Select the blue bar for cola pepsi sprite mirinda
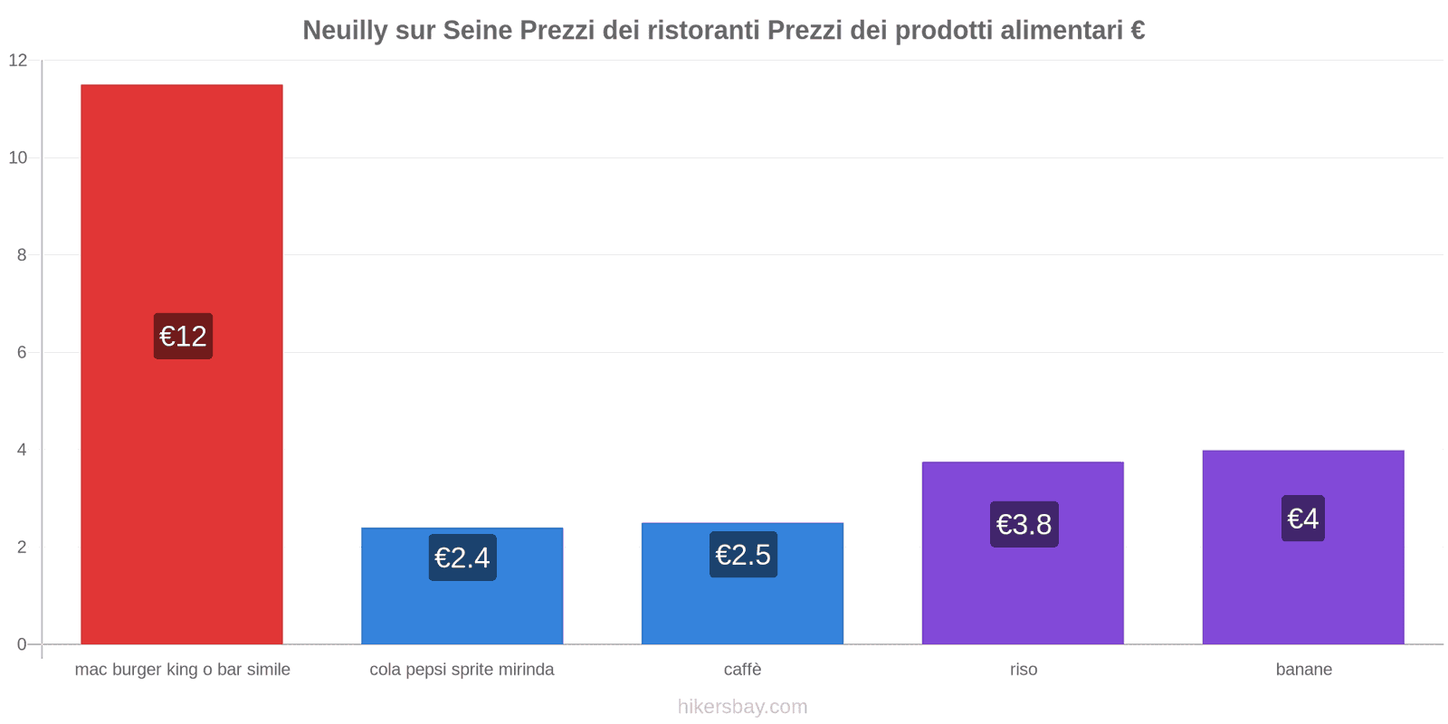click(x=462, y=606)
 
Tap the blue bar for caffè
click(x=742, y=606)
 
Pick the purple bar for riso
click(x=1023, y=588)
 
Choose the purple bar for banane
click(x=1303, y=588)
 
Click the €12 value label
click(x=183, y=337)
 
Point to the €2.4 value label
click(x=462, y=557)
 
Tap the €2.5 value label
click(x=743, y=555)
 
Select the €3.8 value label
click(x=1024, y=524)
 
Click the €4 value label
click(x=1303, y=519)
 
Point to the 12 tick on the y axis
click(x=18, y=61)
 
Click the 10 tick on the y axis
click(x=18, y=157)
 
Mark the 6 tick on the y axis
click(x=22, y=352)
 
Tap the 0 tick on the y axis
click(x=22, y=644)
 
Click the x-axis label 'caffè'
click(x=742, y=670)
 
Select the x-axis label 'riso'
click(x=1024, y=670)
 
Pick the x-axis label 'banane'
click(x=1303, y=670)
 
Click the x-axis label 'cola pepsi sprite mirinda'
click(x=462, y=670)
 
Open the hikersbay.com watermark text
click(x=742, y=707)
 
